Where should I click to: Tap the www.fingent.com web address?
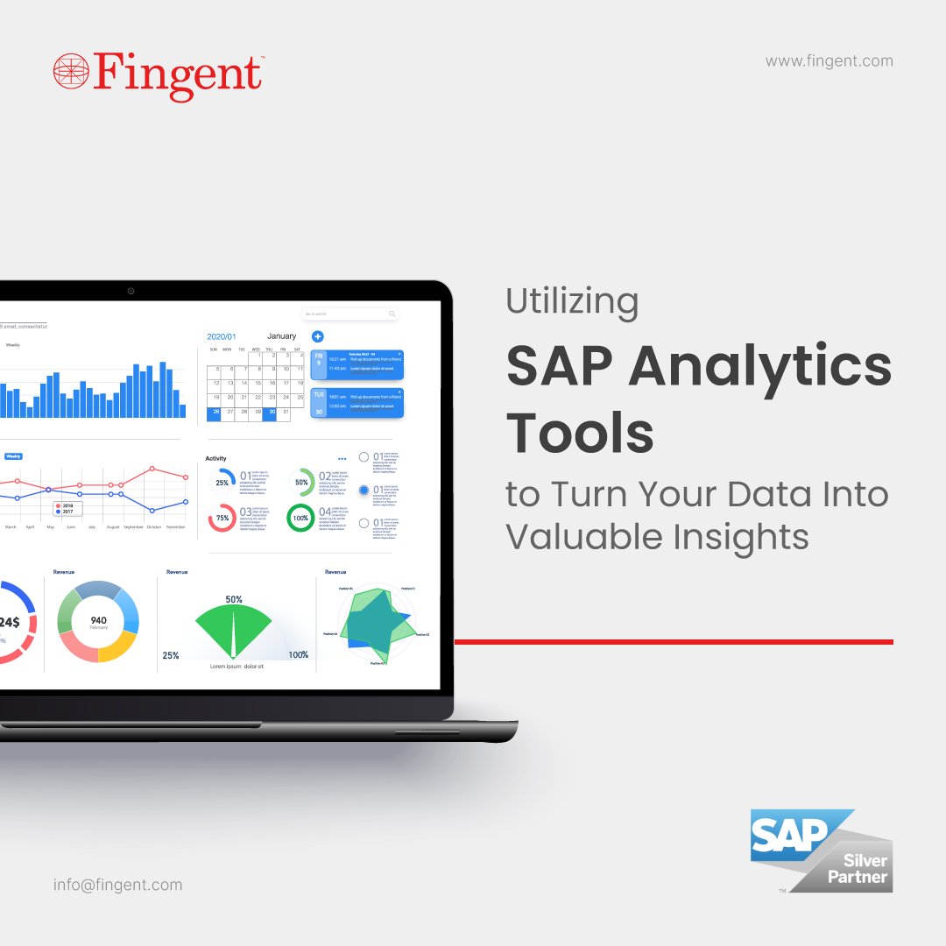coord(829,61)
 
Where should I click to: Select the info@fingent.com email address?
coord(117,885)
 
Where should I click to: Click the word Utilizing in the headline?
coord(572,303)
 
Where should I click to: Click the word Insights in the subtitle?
coord(738,536)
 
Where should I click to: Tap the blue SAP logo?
coord(788,837)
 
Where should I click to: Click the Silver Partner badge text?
coord(858,869)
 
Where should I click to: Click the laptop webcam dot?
coord(131,291)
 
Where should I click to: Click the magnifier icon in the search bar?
coord(392,314)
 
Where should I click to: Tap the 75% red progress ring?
coord(222,518)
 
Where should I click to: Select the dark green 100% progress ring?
coord(300,518)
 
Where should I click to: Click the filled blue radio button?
coord(364,491)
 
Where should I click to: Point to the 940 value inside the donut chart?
coord(98,620)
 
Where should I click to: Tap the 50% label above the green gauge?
coord(234,600)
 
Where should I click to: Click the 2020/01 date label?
coord(222,336)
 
